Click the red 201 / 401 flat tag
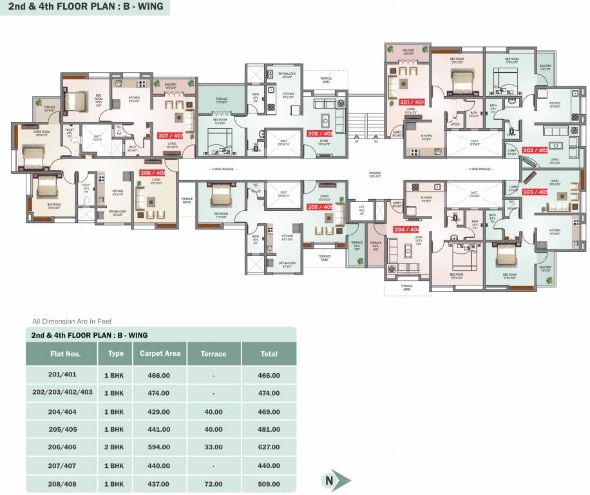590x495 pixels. (412, 102)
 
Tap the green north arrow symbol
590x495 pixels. (336, 480)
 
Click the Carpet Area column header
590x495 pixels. (160, 353)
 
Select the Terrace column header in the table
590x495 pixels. (213, 354)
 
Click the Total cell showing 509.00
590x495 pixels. (269, 484)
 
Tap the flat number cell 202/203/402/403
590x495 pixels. (62, 393)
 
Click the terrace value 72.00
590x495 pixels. (213, 484)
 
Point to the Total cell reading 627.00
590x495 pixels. (269, 447)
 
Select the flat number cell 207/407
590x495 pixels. (62, 465)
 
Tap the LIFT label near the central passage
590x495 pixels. (352, 206)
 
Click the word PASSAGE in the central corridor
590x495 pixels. (375, 173)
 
